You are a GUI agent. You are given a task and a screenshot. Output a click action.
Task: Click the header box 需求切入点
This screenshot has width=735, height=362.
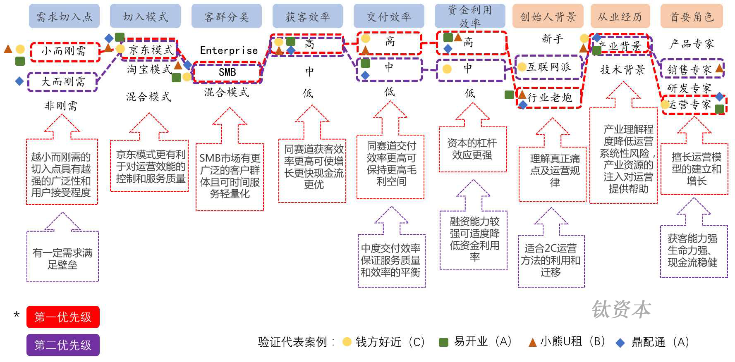(x=64, y=16)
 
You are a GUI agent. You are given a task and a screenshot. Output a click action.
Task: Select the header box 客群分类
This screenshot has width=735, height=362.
(x=226, y=16)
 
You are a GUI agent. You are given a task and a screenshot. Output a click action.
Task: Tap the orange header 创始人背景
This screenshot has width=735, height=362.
(x=548, y=16)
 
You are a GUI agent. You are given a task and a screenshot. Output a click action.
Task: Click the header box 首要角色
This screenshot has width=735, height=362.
(x=692, y=16)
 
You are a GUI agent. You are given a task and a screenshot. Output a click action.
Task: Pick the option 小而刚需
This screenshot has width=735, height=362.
(x=65, y=52)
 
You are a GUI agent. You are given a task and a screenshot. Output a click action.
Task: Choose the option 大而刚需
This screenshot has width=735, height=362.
(x=62, y=82)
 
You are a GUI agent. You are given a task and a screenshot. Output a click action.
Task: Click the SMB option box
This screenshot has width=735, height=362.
(x=227, y=72)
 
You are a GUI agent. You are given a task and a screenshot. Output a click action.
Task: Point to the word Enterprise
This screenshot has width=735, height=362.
(x=229, y=50)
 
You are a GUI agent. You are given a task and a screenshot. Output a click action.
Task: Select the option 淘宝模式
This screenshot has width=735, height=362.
(x=149, y=69)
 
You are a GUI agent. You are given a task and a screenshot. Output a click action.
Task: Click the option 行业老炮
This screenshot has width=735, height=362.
(x=550, y=98)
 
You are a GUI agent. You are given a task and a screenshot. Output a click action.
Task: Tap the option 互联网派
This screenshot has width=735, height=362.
(x=548, y=67)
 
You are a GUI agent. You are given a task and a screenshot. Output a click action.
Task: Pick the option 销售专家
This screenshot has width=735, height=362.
(x=689, y=69)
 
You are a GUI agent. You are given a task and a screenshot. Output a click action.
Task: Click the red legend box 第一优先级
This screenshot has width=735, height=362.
(x=63, y=317)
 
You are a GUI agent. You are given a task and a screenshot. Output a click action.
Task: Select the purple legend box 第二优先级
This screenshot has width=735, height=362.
(x=63, y=345)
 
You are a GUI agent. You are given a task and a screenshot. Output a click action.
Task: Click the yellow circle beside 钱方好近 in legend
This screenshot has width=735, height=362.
(x=347, y=342)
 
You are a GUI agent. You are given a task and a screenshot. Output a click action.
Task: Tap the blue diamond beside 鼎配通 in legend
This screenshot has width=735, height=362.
(x=620, y=343)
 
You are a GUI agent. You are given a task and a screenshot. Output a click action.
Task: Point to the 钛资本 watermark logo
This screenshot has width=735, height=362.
(x=621, y=309)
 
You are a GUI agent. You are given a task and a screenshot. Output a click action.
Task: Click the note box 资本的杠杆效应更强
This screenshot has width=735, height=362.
(x=472, y=149)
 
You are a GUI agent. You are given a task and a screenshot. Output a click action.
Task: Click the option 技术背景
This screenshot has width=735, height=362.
(x=622, y=70)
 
